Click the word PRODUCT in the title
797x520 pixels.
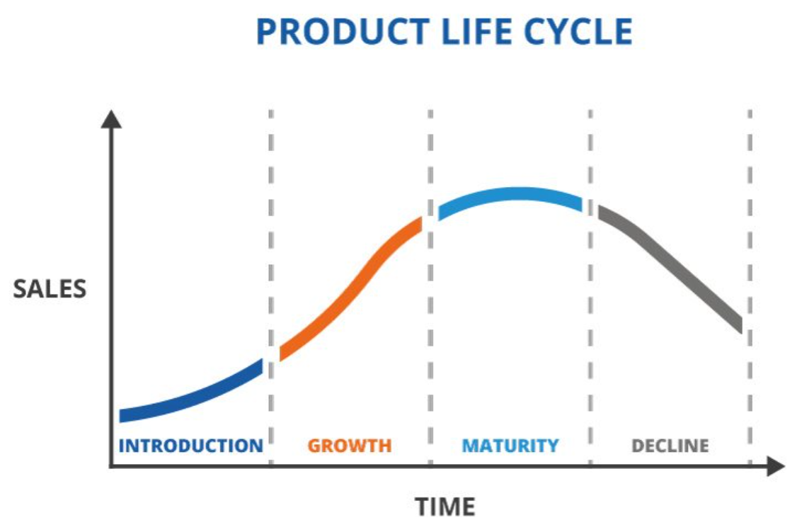[x=343, y=32]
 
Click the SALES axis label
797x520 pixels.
[x=50, y=289]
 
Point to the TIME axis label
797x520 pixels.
[x=445, y=507]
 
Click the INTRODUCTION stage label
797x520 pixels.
[x=191, y=446]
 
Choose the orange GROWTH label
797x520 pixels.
[x=350, y=446]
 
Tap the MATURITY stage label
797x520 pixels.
[x=510, y=446]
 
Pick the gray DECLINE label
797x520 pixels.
[x=670, y=446]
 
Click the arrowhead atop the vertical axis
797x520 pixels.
[x=111, y=119]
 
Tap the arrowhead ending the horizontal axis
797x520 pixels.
[x=775, y=467]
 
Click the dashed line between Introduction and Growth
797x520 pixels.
[x=271, y=288]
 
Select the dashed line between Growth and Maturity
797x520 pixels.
[x=430, y=288]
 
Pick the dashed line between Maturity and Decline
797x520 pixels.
[x=590, y=288]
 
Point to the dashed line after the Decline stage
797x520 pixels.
[x=750, y=288]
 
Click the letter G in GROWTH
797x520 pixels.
[x=315, y=446]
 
